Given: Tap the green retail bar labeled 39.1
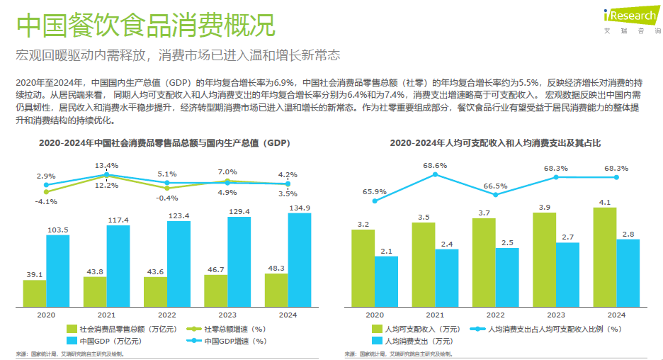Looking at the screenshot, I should click(x=35, y=293).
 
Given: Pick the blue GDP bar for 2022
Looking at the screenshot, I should click(x=178, y=264).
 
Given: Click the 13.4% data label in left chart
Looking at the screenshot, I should click(x=106, y=165).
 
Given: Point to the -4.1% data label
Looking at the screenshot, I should click(x=46, y=201).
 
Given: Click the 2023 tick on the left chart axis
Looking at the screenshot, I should click(x=227, y=314).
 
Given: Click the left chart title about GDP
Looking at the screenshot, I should click(x=164, y=143).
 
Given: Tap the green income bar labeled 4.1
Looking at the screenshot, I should click(x=605, y=257).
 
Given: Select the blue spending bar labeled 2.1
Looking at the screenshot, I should click(x=386, y=281).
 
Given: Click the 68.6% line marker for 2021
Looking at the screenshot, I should click(x=435, y=175).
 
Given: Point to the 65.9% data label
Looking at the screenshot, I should click(x=374, y=191).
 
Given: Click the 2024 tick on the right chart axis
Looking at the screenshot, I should click(x=616, y=314).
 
